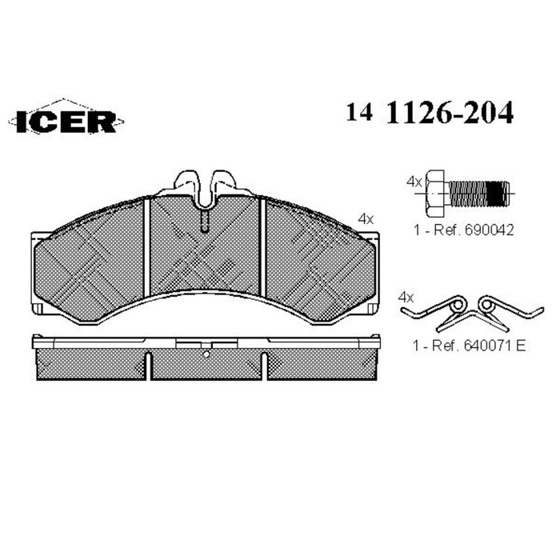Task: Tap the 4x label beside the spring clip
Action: (406, 296)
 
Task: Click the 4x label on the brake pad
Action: (366, 218)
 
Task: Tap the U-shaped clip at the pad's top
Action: (205, 187)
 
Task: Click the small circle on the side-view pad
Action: (205, 353)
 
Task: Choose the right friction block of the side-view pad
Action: (320, 365)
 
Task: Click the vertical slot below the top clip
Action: (205, 220)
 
